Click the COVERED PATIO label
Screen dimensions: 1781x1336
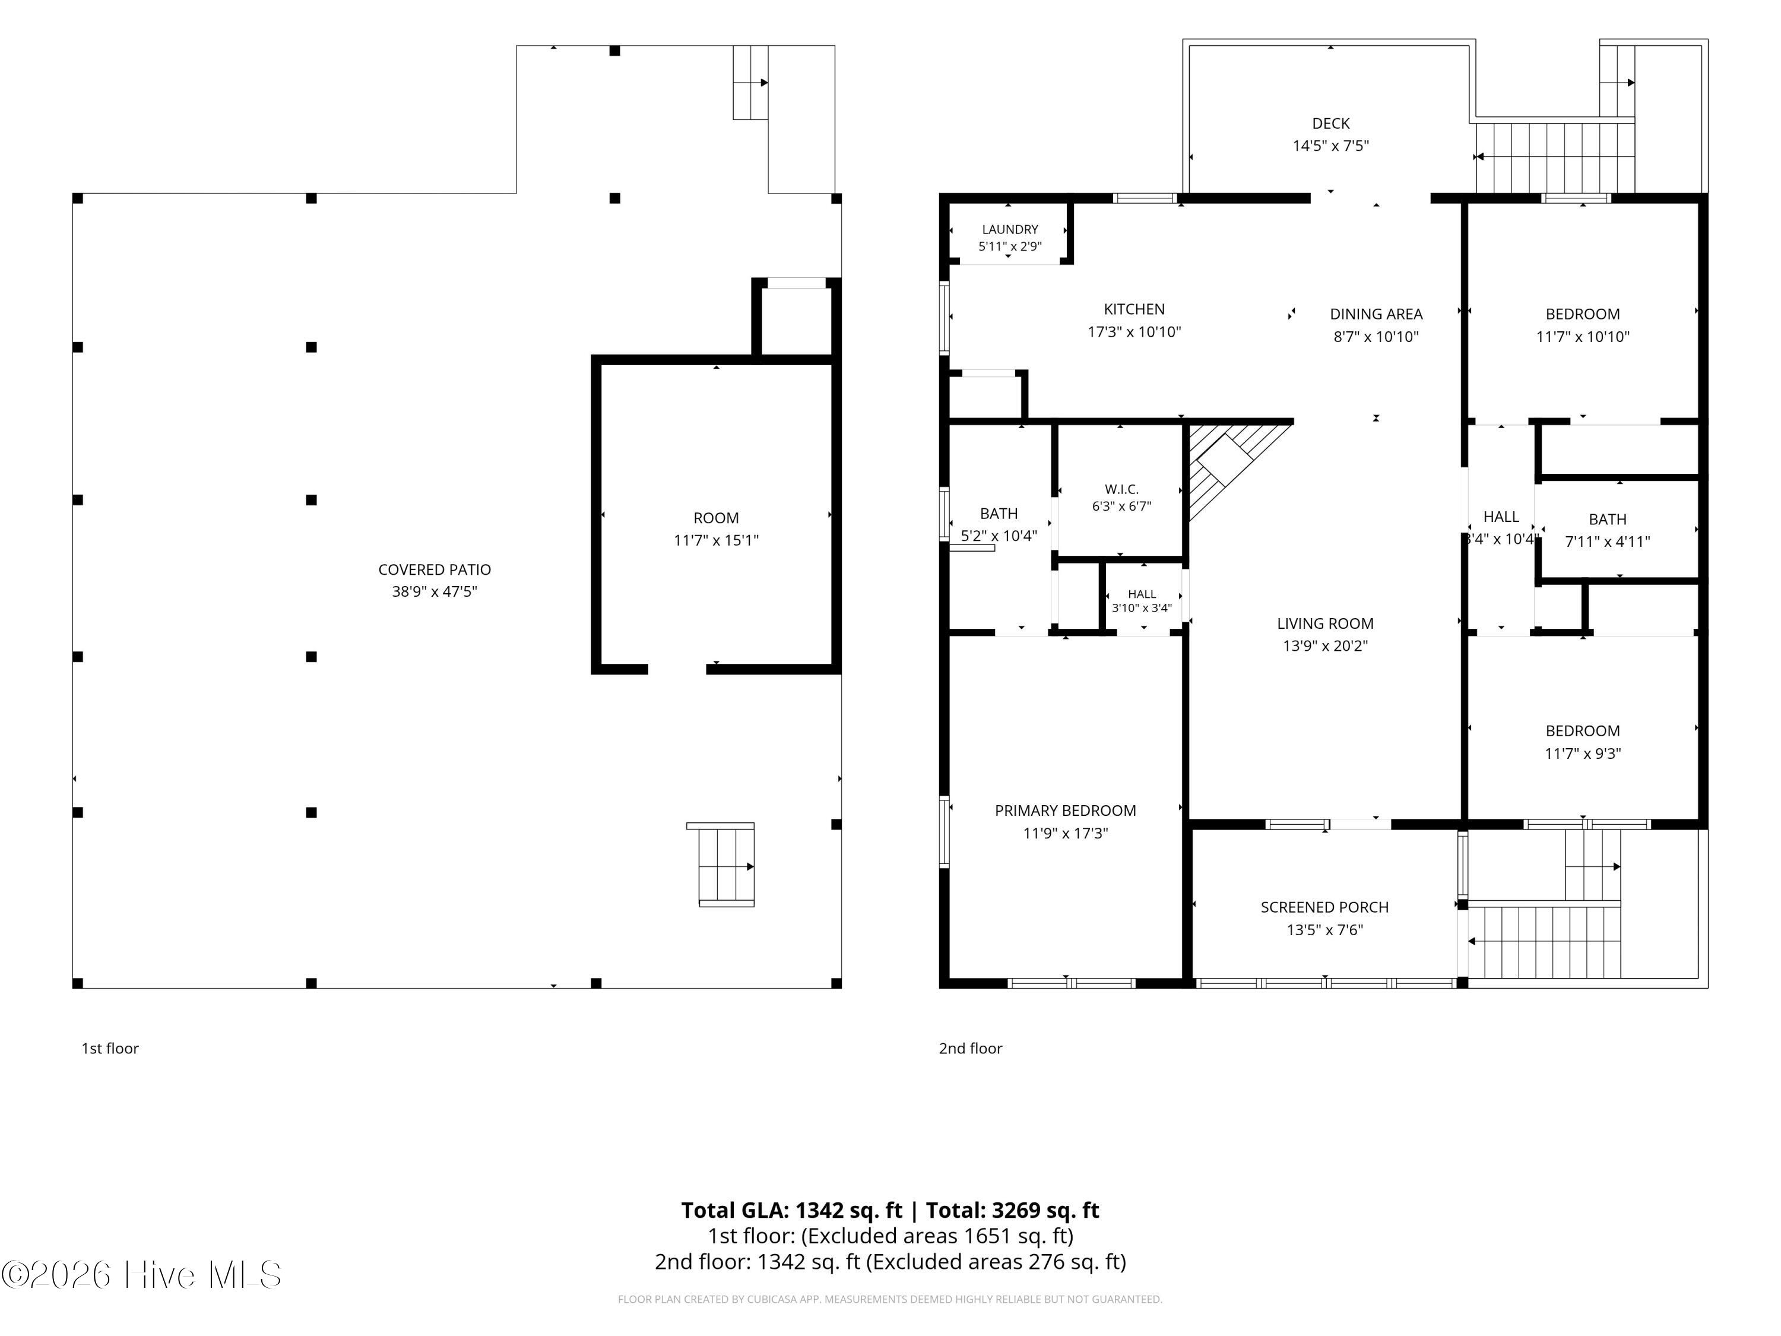434,569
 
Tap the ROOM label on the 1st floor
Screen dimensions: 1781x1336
716,518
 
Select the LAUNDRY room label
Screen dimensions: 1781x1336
1010,230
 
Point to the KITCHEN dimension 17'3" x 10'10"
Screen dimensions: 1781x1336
1134,332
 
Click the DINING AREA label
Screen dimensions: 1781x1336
1376,314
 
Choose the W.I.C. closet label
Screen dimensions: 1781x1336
1121,489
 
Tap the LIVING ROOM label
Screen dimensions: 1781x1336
1325,623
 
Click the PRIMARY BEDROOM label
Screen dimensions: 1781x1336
1065,811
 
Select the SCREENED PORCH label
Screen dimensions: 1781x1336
1324,907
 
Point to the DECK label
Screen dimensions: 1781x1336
1331,124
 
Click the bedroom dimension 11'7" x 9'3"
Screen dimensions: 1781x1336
1582,754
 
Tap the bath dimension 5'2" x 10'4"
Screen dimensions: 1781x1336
999,536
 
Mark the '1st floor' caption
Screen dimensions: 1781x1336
110,1049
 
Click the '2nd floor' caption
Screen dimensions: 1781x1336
970,1049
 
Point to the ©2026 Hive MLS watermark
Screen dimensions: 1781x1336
142,1275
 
